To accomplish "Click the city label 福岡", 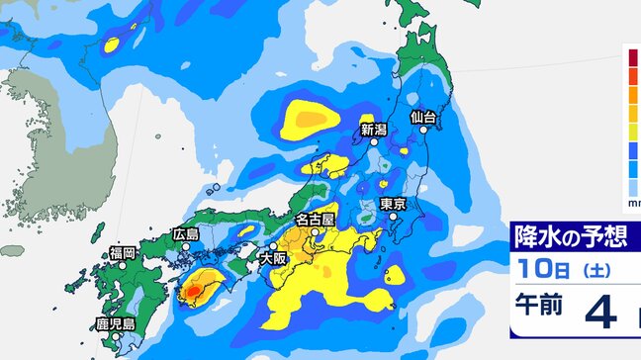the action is [123, 254].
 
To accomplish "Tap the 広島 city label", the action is [186, 234].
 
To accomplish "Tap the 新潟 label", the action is [373, 129].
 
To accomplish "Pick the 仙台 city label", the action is [423, 118].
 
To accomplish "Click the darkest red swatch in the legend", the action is [633, 55].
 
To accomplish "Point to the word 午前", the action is [539, 306].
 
